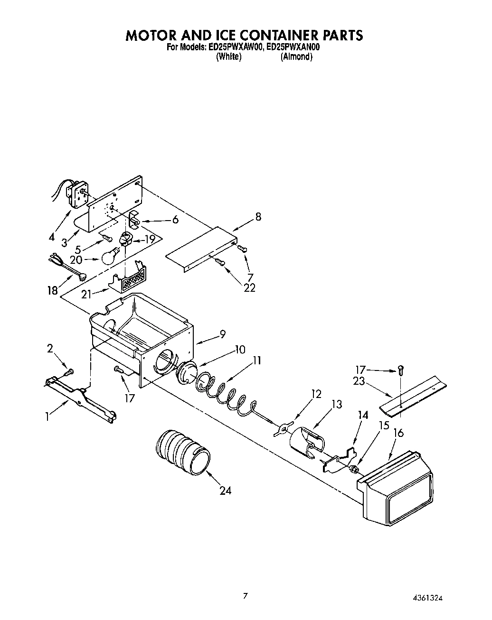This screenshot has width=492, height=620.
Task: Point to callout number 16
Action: tap(398, 433)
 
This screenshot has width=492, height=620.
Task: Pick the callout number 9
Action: tap(222, 334)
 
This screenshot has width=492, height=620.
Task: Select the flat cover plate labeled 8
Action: tap(202, 249)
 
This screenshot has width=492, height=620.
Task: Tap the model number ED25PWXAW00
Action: tap(235, 47)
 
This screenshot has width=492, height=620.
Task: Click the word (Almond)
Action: tap(296, 57)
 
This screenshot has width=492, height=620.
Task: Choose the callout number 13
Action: tap(336, 404)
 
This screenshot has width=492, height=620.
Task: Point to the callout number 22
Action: tap(249, 287)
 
